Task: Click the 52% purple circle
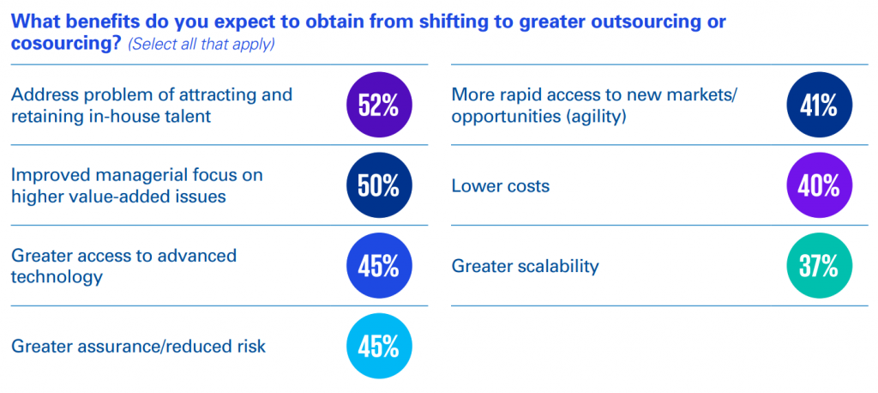click(379, 106)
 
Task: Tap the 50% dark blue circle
click(379, 186)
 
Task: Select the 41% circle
click(819, 106)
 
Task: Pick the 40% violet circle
click(819, 186)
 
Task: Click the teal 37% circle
click(819, 266)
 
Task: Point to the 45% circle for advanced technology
click(379, 266)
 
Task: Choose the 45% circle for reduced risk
click(379, 347)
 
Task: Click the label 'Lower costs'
click(501, 186)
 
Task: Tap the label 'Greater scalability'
click(525, 266)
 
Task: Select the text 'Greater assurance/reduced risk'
click(138, 347)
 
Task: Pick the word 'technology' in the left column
click(57, 277)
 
